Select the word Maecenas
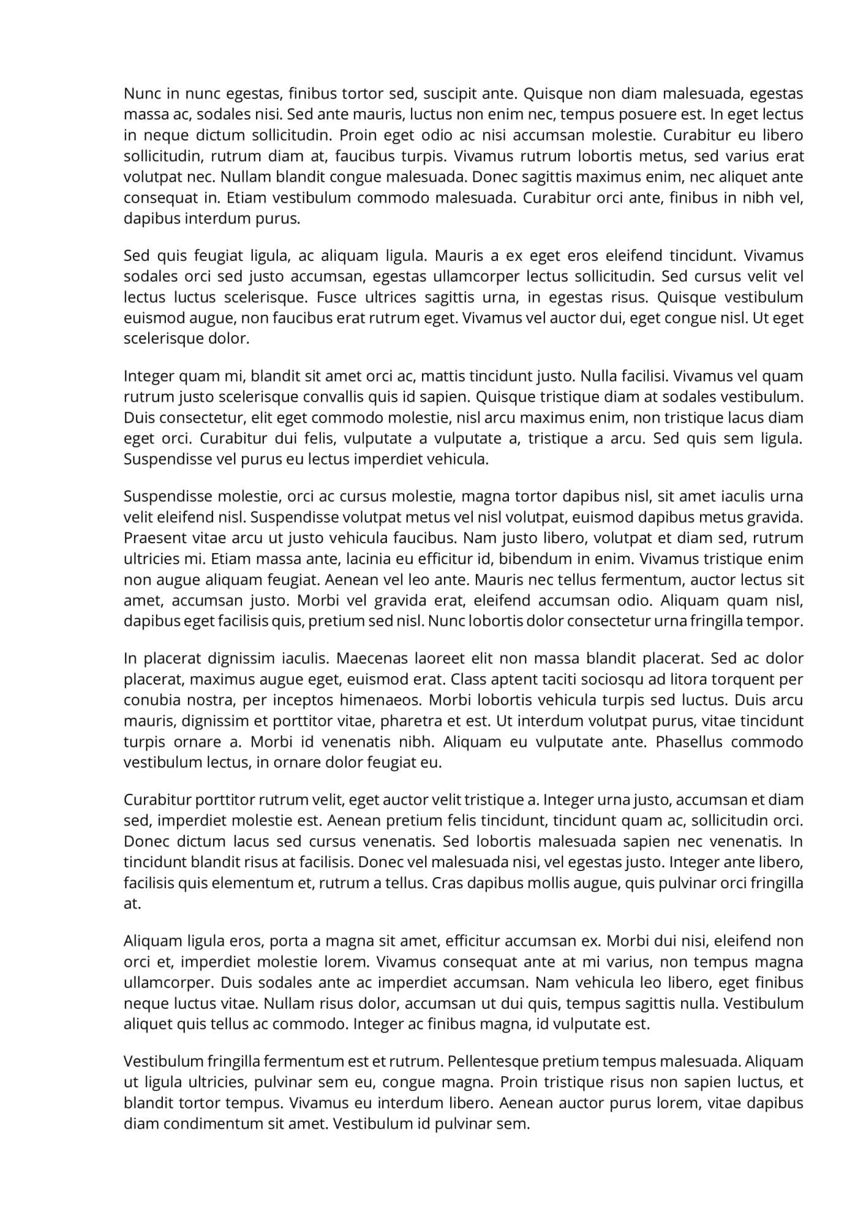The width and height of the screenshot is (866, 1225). [371, 658]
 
